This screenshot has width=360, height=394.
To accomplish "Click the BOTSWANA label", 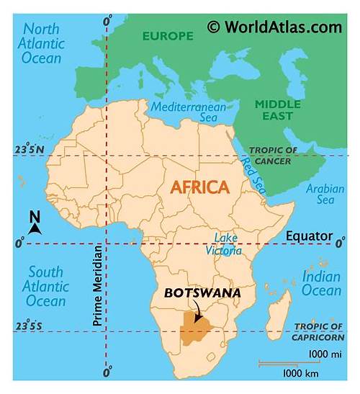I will (x=202, y=293).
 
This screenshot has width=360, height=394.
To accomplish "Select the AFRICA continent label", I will (x=199, y=187).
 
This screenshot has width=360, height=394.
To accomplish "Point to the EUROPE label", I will (x=167, y=35).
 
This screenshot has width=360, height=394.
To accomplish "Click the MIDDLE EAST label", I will (x=278, y=110).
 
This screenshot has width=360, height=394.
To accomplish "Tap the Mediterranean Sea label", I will (x=188, y=112).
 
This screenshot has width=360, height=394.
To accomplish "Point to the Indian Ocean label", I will (x=321, y=283).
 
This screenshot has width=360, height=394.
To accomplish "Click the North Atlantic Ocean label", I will (x=46, y=42).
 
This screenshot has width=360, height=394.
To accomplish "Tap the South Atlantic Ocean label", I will (x=46, y=285).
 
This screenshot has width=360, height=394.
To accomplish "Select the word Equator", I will (x=309, y=236).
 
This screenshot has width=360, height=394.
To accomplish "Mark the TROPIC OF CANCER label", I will (x=273, y=156).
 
